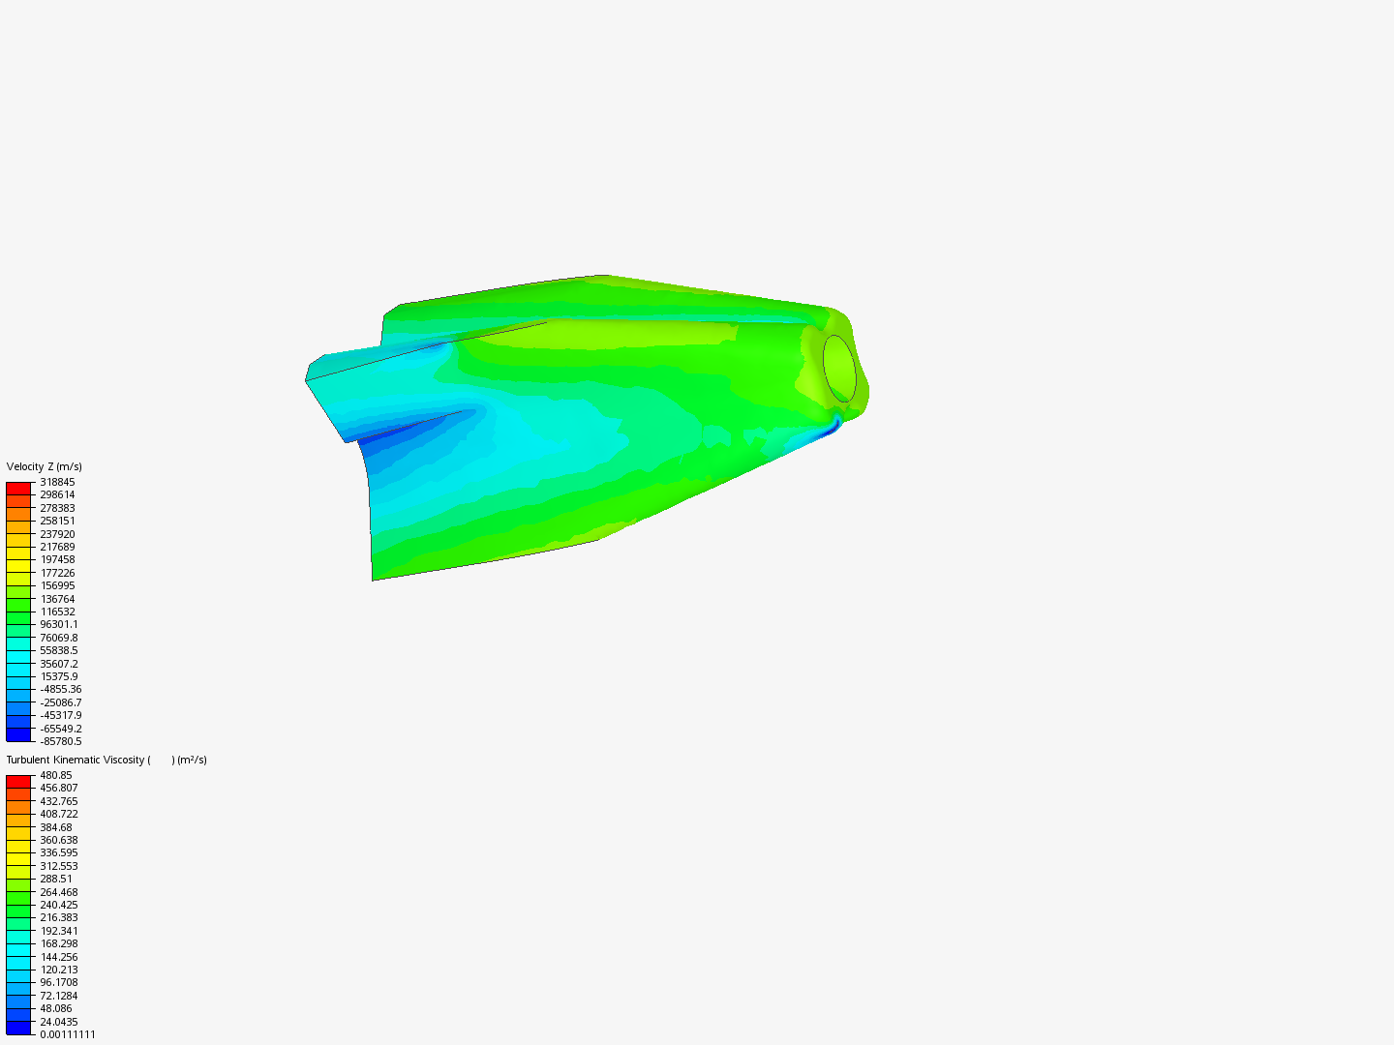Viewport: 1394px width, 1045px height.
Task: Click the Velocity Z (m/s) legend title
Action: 44,467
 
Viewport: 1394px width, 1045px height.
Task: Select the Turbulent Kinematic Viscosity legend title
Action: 106,761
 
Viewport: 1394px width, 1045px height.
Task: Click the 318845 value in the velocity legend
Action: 57,482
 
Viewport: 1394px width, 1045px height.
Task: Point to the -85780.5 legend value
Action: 61,742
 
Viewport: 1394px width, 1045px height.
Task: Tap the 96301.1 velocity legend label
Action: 59,625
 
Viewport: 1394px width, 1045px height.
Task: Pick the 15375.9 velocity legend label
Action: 59,677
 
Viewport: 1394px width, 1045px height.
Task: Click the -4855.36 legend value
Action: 61,690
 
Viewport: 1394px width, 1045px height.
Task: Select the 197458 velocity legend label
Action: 57,559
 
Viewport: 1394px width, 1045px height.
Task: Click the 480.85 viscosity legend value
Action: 56,775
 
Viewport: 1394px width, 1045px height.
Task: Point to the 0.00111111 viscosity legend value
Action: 68,1035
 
